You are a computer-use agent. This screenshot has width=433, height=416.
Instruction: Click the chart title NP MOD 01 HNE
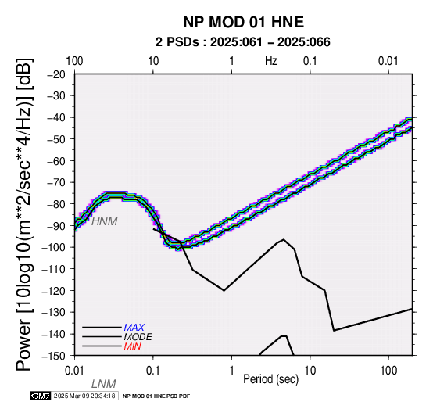click(243, 22)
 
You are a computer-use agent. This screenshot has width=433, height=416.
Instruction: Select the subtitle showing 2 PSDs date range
click(243, 42)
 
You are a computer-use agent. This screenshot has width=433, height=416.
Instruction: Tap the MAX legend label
click(134, 328)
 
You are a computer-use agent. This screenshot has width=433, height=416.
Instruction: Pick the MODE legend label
click(138, 337)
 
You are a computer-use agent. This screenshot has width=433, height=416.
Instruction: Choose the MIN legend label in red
click(133, 346)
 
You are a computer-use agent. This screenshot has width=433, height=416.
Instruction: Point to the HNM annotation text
click(105, 221)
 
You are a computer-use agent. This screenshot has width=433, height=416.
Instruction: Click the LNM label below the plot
click(103, 384)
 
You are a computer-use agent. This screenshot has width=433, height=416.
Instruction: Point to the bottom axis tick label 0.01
click(74, 371)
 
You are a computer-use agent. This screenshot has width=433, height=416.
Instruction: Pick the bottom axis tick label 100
click(388, 371)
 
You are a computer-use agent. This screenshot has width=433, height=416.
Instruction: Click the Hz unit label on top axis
click(271, 61)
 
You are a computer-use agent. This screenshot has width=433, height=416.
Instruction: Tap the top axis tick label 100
click(74, 61)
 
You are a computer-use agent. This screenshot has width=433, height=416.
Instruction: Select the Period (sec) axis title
click(271, 379)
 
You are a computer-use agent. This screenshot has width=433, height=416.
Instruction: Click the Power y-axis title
click(23, 214)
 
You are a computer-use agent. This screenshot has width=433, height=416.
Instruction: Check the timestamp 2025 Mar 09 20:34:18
click(84, 396)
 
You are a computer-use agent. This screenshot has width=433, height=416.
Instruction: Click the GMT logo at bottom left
click(41, 396)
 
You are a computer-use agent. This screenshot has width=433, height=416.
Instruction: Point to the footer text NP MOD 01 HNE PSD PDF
click(156, 396)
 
